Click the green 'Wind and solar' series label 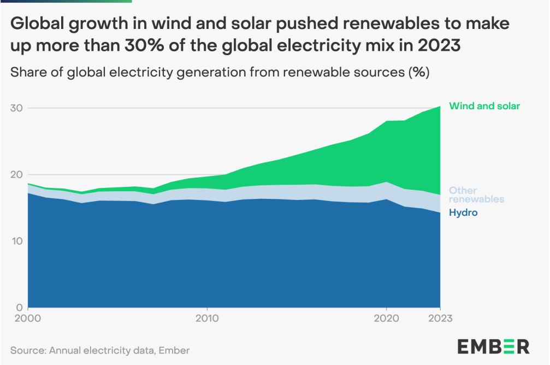tap(484, 106)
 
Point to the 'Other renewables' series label tap(476, 195)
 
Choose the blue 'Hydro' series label tap(463, 213)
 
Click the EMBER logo tap(493, 346)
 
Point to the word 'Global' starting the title tap(37, 23)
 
